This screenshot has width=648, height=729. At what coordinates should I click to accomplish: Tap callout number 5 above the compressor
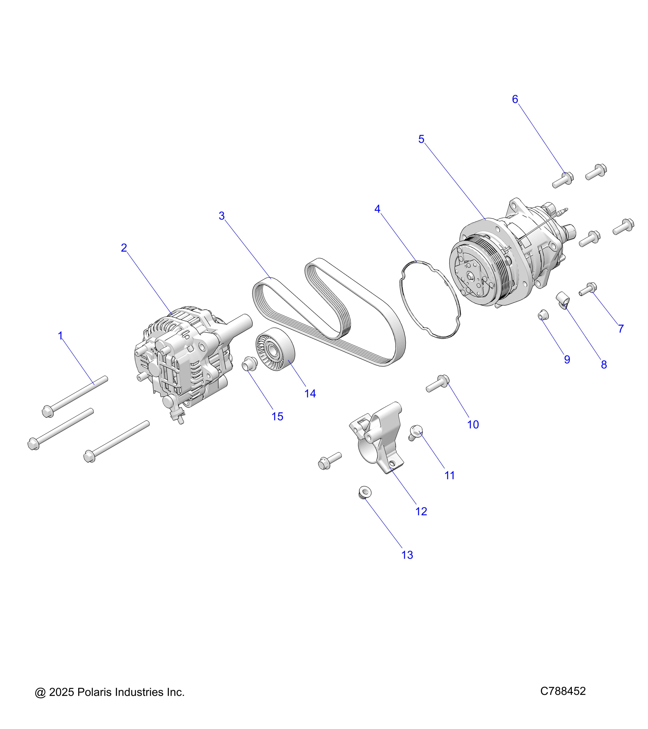(x=421, y=139)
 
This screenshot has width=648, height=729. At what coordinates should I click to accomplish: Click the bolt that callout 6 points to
(x=563, y=180)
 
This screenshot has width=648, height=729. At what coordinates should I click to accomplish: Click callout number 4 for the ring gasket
(x=377, y=209)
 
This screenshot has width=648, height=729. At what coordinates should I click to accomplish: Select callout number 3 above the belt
(x=222, y=216)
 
